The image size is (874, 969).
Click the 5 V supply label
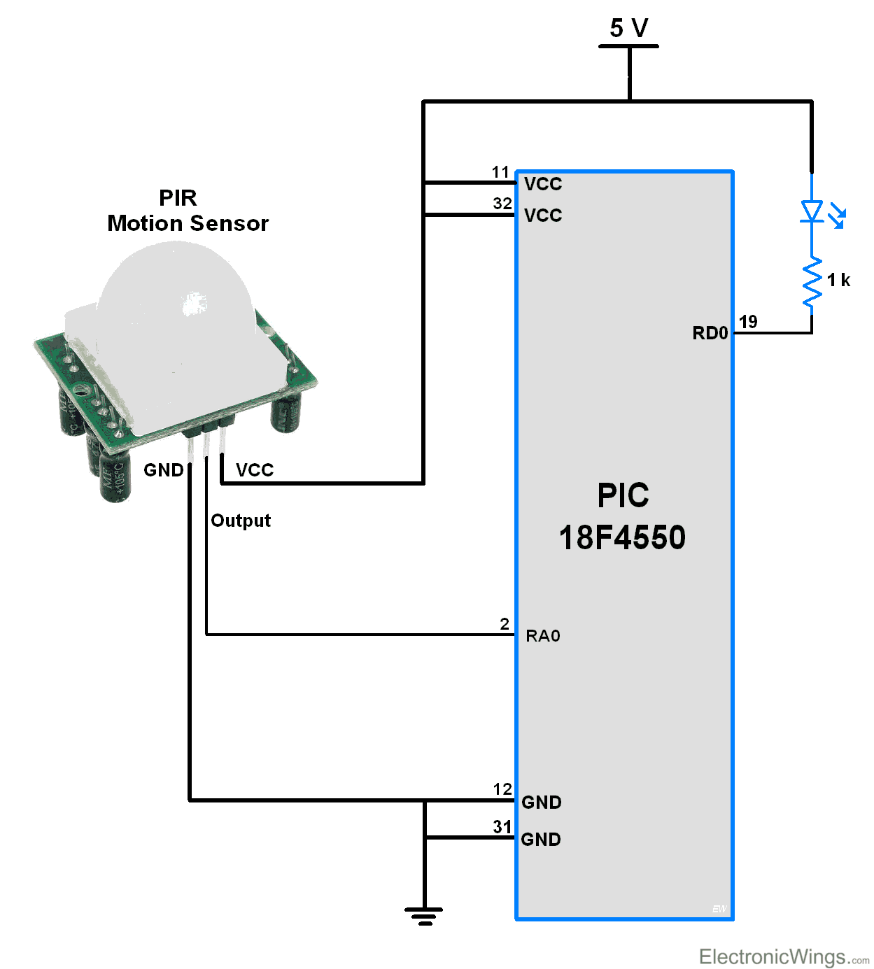[628, 28]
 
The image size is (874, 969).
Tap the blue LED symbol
[812, 211]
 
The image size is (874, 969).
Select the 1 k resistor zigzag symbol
[812, 282]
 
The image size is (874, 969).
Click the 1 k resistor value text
[838, 281]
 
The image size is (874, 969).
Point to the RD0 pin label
[710, 333]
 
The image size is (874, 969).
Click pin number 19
[748, 322]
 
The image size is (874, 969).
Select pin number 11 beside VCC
[500, 172]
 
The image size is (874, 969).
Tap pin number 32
[502, 204]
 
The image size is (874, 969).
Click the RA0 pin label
[543, 636]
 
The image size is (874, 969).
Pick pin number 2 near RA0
[505, 624]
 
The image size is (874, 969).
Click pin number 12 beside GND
[502, 789]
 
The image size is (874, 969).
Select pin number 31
[502, 827]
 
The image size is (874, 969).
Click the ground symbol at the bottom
[424, 915]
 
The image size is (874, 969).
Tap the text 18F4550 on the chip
[622, 538]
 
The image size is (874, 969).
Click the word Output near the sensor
[240, 521]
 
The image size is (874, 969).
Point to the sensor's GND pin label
[163, 470]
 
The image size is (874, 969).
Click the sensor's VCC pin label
[255, 470]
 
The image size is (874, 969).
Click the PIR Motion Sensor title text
[188, 211]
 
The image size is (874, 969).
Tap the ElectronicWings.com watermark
[783, 956]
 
